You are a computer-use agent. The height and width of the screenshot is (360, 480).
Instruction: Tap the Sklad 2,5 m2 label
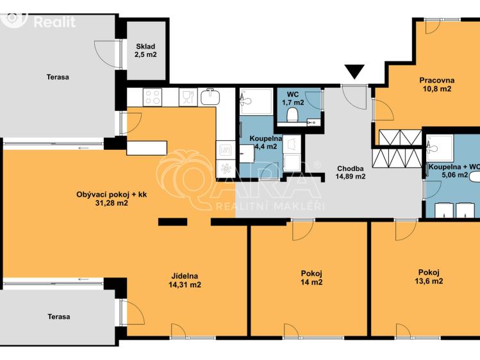[145, 51]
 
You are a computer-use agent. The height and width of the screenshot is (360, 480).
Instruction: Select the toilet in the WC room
[293, 115]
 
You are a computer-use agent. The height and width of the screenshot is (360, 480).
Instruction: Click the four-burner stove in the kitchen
[153, 97]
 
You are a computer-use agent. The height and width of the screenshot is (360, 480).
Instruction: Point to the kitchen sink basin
[210, 97]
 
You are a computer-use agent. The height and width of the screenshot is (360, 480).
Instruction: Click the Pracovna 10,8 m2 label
[437, 85]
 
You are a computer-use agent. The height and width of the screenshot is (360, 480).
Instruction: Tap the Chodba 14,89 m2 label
[351, 172]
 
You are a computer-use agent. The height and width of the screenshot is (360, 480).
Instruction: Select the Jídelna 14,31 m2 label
[185, 281]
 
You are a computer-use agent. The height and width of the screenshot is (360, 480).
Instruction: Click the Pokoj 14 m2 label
[311, 278]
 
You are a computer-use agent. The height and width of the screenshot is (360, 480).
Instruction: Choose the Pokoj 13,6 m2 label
[429, 277]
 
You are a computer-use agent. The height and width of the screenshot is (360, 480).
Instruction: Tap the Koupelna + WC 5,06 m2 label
[454, 171]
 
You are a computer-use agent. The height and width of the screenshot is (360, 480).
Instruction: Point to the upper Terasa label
[58, 77]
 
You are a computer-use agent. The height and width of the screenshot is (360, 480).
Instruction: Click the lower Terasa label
[59, 316]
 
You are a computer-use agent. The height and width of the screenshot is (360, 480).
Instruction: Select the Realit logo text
[54, 22]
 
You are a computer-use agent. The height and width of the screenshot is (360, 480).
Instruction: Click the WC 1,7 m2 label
[293, 98]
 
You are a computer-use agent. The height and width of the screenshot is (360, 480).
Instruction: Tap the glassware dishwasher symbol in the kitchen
[188, 97]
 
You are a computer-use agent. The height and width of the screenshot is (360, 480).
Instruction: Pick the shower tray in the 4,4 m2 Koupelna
[256, 102]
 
